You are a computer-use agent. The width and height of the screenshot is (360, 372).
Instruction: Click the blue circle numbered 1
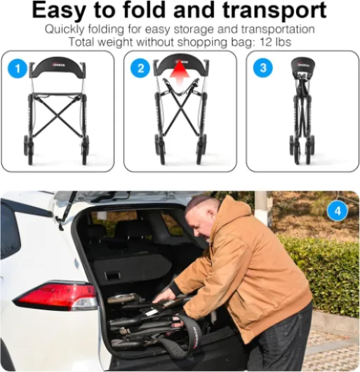tap(18, 69)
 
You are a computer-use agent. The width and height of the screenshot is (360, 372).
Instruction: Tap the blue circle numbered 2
tap(140, 69)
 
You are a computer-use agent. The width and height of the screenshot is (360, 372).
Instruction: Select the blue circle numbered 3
tap(263, 68)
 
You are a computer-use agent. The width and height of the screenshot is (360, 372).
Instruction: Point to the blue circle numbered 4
tap(338, 211)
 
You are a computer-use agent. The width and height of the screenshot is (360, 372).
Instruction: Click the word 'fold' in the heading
tap(145, 10)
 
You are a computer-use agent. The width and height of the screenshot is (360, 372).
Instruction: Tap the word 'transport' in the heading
tap(274, 11)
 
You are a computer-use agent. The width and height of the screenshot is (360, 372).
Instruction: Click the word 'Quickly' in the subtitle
tap(65, 30)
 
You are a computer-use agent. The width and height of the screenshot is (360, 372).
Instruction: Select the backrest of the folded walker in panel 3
tap(303, 65)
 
